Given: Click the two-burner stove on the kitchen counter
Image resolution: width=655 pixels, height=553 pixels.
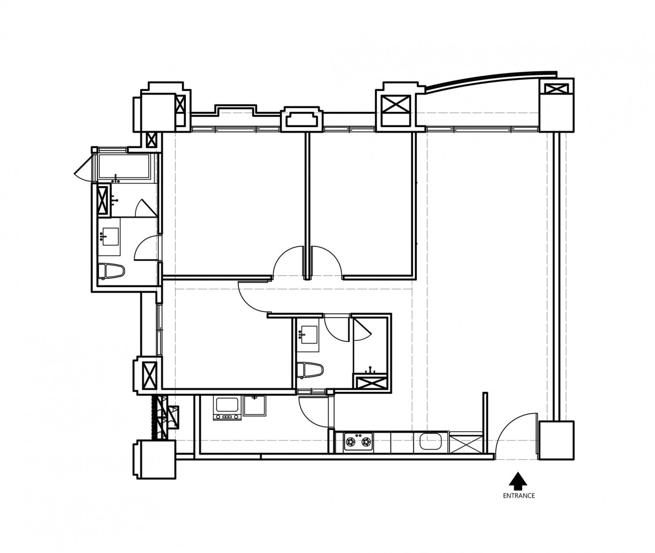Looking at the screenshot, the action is pyautogui.click(x=358, y=441).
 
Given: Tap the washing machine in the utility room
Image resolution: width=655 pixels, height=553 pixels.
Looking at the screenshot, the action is pyautogui.click(x=227, y=409).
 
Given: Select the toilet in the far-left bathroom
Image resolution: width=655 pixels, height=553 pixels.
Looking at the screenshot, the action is pyautogui.click(x=111, y=271).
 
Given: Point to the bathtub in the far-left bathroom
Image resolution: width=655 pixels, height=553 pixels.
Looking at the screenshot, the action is pyautogui.click(x=124, y=167).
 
